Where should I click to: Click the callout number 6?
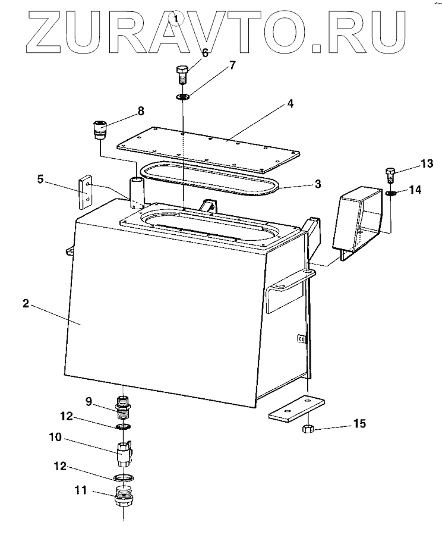pyautogui.click(x=205, y=53)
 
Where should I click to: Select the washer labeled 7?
pyautogui.click(x=183, y=96)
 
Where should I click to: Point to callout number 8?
pyautogui.click(x=141, y=111)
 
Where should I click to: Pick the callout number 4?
pyautogui.click(x=289, y=103)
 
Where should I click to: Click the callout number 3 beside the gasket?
pyautogui.click(x=318, y=184)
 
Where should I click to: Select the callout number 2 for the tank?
pyautogui.click(x=25, y=303)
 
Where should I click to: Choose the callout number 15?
pyautogui.click(x=360, y=423)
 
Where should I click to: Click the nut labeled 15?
pyautogui.click(x=308, y=429)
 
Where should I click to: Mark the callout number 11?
pyautogui.click(x=81, y=490)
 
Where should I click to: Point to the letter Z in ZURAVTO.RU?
pyautogui.click(x=40, y=30)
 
